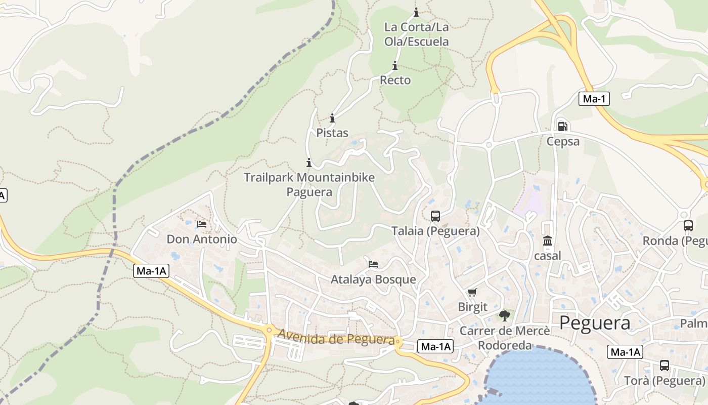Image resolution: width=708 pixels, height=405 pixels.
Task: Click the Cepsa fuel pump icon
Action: (x=562, y=127)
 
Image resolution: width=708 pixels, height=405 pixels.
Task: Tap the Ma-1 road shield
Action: (x=594, y=99)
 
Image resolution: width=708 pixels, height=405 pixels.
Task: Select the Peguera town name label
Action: (x=595, y=323)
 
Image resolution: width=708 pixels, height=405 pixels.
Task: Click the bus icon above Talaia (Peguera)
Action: (x=435, y=216)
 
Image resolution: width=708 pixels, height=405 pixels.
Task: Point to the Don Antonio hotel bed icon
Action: (x=202, y=224)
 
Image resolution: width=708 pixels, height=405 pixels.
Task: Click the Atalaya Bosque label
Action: (x=373, y=279)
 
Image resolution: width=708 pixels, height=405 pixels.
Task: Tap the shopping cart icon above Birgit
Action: (x=472, y=292)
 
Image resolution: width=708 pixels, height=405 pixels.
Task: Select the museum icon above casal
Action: (x=547, y=241)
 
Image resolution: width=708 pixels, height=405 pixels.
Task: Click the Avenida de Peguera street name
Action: (x=336, y=337)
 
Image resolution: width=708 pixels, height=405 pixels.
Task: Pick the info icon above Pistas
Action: (x=332, y=118)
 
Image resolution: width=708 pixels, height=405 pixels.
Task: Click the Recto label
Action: (x=395, y=80)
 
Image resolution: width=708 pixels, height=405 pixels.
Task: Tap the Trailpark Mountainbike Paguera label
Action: (x=309, y=184)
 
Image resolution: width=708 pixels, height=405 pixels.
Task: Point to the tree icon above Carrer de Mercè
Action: (x=504, y=316)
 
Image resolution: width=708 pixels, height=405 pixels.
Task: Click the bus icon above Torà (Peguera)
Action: (x=665, y=366)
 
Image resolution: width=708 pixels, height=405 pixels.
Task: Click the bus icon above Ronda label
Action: (x=688, y=226)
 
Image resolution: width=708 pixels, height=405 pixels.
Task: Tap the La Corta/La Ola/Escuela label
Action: (x=416, y=34)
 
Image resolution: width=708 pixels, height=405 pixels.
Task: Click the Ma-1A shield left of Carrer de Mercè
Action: (x=435, y=347)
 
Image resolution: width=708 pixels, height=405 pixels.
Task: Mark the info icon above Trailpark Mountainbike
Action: (x=309, y=163)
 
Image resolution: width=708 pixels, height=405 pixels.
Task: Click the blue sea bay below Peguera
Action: (x=541, y=380)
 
